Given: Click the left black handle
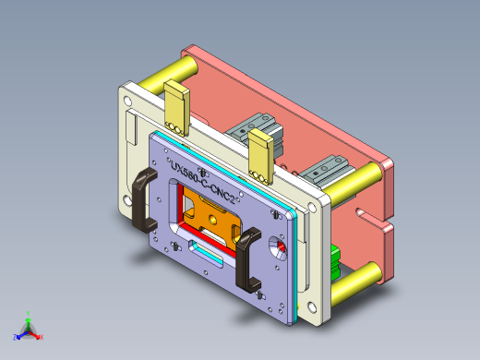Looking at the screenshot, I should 144,198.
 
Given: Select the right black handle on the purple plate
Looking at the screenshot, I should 248,259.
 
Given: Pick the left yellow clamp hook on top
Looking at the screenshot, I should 176,107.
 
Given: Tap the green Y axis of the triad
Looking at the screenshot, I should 29,316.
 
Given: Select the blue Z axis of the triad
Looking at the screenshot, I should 18,334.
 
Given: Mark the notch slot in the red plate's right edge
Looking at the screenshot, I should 369,221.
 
